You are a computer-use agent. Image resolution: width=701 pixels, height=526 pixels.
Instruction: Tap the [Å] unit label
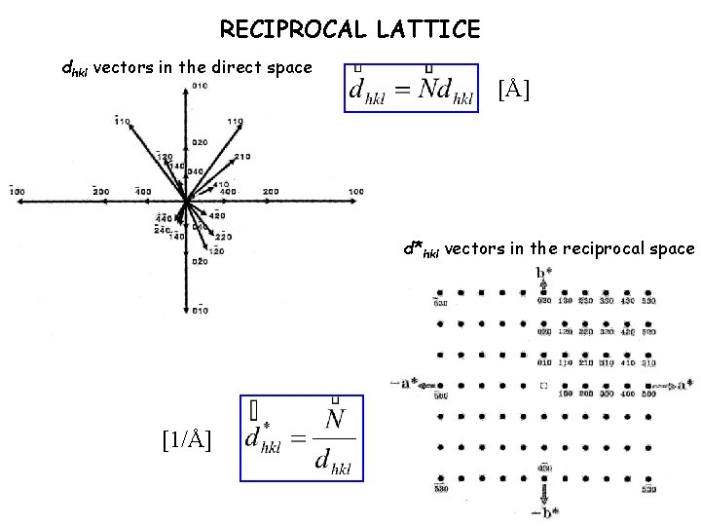point(514,93)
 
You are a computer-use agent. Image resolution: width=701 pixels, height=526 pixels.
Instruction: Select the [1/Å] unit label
point(185,439)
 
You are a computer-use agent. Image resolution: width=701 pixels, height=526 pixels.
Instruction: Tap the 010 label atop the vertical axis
point(201,88)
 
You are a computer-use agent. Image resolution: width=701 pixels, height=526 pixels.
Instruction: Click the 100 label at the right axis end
point(357,191)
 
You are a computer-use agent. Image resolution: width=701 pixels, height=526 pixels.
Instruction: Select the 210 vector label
point(242,156)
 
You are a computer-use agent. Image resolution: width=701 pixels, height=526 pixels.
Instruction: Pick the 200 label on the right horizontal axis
point(271,191)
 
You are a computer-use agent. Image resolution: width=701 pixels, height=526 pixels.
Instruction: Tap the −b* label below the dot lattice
point(544,510)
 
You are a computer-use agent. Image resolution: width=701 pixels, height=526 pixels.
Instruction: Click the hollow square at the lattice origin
point(544,386)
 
